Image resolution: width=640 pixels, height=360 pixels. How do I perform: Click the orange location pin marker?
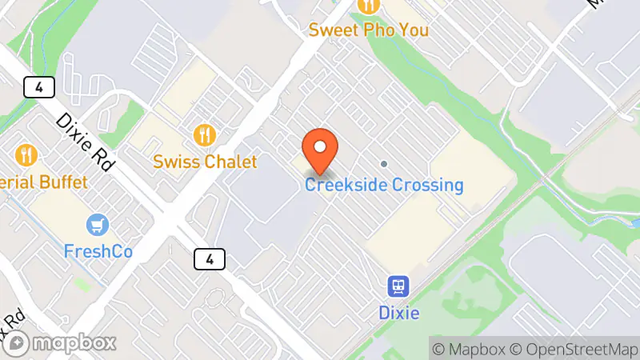coord(320,151)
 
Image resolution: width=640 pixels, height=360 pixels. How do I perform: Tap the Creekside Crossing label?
coord(384,186)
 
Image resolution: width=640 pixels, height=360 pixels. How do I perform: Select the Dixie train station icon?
coord(398,286)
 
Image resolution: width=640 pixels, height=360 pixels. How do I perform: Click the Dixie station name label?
coord(398,312)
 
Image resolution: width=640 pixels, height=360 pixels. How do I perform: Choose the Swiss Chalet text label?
coord(206,162)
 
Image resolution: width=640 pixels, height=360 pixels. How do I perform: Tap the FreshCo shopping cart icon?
coord(98,226)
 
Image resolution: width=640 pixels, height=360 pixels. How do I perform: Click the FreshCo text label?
coord(98,252)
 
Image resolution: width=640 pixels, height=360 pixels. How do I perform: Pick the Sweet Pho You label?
coord(369,30)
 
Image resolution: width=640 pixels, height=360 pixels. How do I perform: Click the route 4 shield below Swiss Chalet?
coord(209,258)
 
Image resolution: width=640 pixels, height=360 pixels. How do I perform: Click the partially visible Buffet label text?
coord(43,182)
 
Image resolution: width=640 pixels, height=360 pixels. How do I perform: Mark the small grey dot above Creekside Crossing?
coord(384,164)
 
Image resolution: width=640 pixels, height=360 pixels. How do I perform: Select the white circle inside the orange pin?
coord(320,146)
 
